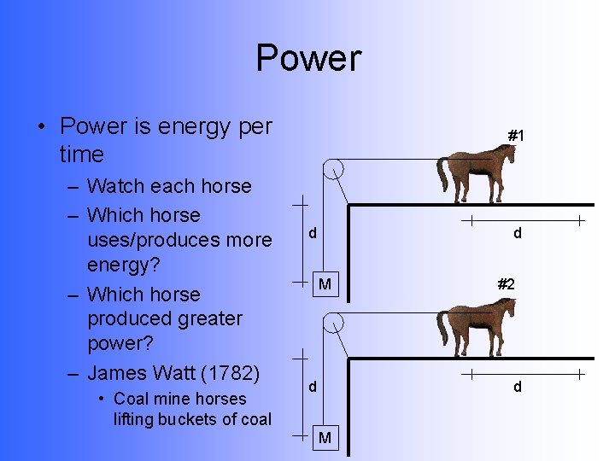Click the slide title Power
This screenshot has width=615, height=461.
(308, 58)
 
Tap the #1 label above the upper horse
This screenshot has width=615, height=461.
(515, 136)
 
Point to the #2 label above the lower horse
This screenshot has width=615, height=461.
(506, 284)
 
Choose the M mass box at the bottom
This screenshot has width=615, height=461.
(325, 438)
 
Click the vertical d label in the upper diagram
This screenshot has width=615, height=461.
(313, 233)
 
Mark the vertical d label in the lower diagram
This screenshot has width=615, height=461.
(313, 387)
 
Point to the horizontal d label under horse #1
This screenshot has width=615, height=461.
(517, 233)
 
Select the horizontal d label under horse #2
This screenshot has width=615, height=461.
(517, 387)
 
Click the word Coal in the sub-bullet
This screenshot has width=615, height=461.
(131, 399)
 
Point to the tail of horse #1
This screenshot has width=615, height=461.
(442, 174)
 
